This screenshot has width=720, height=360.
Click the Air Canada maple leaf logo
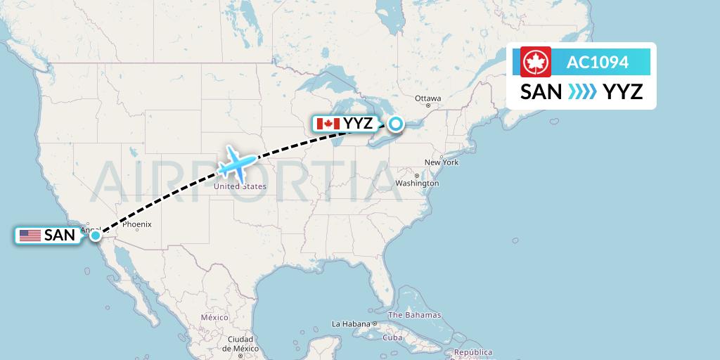[536, 62]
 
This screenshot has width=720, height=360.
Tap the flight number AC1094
[598, 63]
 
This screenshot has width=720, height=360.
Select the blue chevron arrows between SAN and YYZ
[582, 91]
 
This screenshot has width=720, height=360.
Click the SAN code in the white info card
[541, 91]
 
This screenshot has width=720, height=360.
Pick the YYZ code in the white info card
[623, 91]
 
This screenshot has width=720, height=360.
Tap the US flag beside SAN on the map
[30, 236]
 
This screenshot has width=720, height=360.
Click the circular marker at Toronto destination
[396, 124]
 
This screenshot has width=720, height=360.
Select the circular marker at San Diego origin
[95, 236]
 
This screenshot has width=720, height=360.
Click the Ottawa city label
[427, 98]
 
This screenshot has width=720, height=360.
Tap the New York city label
[441, 162]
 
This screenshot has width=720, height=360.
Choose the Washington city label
[417, 184]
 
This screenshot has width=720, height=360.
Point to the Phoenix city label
[136, 225]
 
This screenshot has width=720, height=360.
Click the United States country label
[240, 186]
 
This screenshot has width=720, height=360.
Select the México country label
[214, 317]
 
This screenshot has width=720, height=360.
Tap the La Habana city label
[351, 324]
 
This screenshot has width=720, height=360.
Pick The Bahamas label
[414, 315]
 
